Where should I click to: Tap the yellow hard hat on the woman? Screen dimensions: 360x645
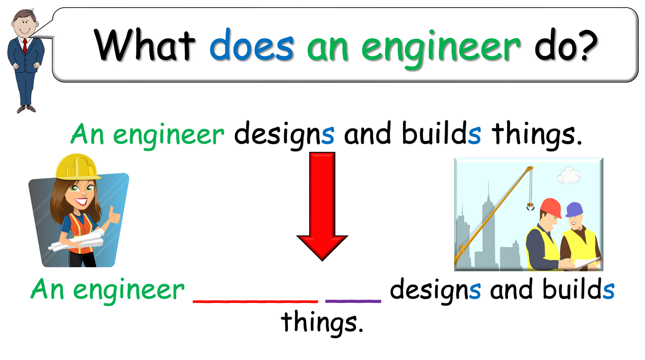[76, 166]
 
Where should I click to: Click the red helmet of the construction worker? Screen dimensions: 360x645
[551, 206]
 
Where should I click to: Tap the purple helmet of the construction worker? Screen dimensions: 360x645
[574, 208]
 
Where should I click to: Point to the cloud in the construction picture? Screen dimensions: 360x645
[568, 175]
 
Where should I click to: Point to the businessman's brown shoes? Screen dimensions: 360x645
[26, 108]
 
